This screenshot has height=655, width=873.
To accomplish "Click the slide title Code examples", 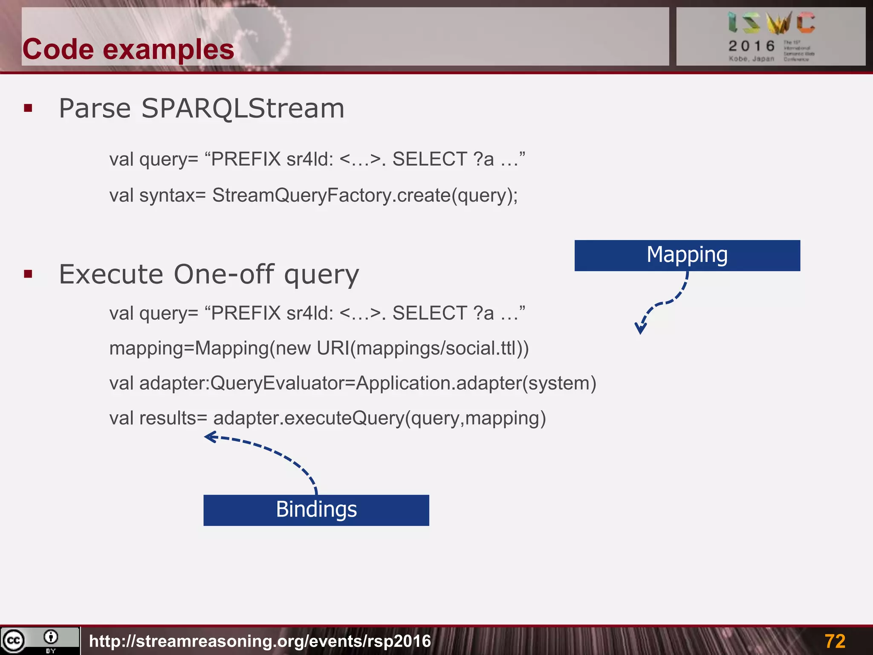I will [128, 49].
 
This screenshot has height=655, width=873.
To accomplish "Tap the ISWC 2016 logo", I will [771, 36].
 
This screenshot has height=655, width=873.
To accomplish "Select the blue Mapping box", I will [687, 255].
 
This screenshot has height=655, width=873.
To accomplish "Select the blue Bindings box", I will [316, 510].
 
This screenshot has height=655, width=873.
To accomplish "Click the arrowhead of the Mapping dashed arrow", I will [640, 329].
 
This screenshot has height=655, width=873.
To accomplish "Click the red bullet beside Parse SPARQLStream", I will [28, 108].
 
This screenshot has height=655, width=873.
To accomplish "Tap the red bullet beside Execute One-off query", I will [28, 274].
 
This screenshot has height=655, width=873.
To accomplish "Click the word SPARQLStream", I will [243, 108].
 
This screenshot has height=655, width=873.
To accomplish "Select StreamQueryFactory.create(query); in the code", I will [364, 195].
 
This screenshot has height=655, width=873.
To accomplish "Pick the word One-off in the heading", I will [223, 274].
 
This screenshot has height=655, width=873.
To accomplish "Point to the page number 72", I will [834, 641].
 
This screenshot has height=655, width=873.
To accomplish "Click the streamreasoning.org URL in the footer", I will [260, 641].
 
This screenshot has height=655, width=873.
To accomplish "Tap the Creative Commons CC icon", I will [14, 641].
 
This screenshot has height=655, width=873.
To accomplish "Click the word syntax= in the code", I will [172, 195].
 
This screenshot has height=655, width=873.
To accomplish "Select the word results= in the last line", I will [173, 418].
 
